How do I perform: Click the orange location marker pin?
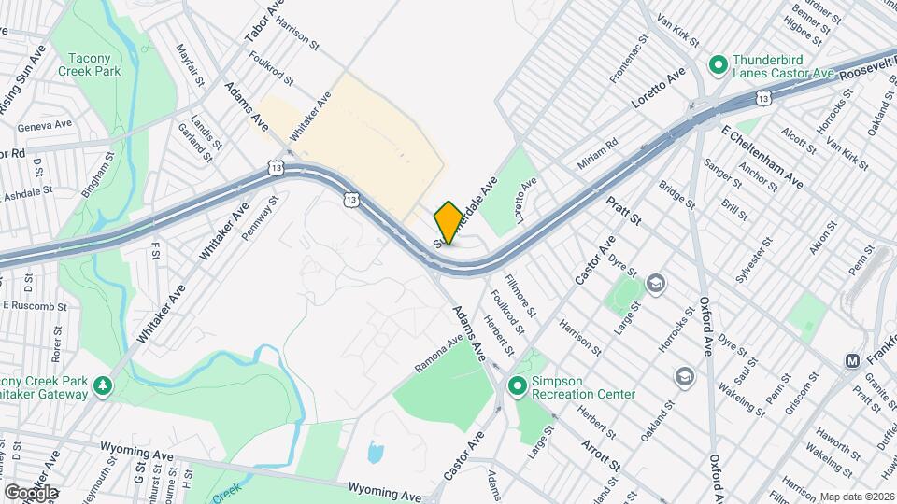(x=448, y=223)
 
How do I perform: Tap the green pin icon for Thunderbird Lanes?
(x=718, y=64)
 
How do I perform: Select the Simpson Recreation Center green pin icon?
(x=517, y=385)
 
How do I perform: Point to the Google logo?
(x=30, y=492)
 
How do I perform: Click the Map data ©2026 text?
(x=856, y=496)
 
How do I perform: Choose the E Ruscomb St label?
(x=35, y=305)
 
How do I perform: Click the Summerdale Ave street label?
(x=474, y=205)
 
